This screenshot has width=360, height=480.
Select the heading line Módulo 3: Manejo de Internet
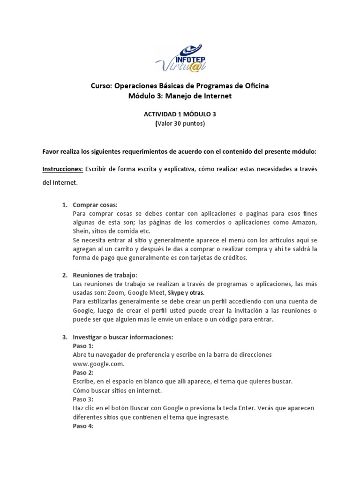(x=180, y=96)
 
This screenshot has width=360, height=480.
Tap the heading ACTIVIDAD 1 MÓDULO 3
(x=180, y=114)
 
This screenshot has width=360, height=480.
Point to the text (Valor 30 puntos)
(x=180, y=124)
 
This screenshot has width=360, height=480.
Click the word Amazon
(x=305, y=222)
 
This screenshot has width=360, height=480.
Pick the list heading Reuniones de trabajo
(x=105, y=275)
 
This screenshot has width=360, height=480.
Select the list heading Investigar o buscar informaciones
(x=123, y=337)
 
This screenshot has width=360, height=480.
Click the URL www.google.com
(x=98, y=363)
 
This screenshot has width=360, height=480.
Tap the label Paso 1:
(x=83, y=345)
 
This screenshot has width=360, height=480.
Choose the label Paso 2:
(x=83, y=372)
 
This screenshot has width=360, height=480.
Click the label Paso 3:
(x=83, y=399)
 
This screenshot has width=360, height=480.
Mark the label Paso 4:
(x=83, y=426)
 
